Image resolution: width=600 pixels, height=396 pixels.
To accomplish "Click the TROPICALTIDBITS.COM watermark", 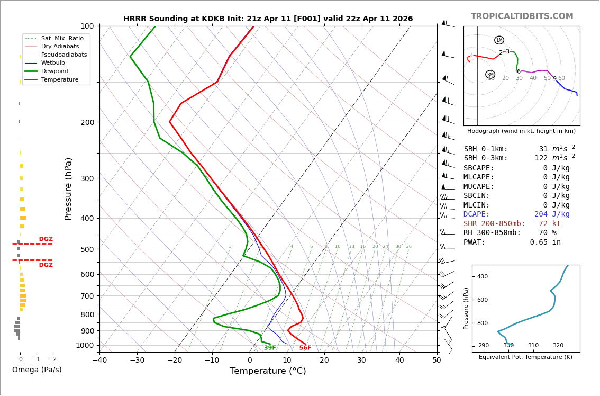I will (x=522, y=16).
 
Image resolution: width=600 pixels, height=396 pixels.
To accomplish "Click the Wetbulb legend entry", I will (x=52, y=63).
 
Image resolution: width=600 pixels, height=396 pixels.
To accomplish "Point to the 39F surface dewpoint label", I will (x=270, y=348).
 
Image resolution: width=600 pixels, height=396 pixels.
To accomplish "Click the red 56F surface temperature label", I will (x=305, y=348).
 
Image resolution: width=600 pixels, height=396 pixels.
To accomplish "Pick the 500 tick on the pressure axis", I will (x=87, y=249).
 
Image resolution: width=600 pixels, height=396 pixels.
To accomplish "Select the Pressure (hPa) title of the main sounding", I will (x=68, y=188).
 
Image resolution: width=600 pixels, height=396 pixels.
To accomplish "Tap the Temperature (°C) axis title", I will (x=268, y=371).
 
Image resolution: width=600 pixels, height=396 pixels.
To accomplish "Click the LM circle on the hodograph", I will (x=499, y=40).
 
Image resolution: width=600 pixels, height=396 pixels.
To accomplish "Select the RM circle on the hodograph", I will (x=490, y=75).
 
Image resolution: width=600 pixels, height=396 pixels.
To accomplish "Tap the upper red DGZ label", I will (x=46, y=239).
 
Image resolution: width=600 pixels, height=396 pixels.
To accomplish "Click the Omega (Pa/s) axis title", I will (x=37, y=370).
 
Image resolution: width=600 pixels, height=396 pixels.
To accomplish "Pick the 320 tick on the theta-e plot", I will (x=558, y=345).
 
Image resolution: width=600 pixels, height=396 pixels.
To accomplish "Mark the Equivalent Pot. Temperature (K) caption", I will (x=525, y=357).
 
